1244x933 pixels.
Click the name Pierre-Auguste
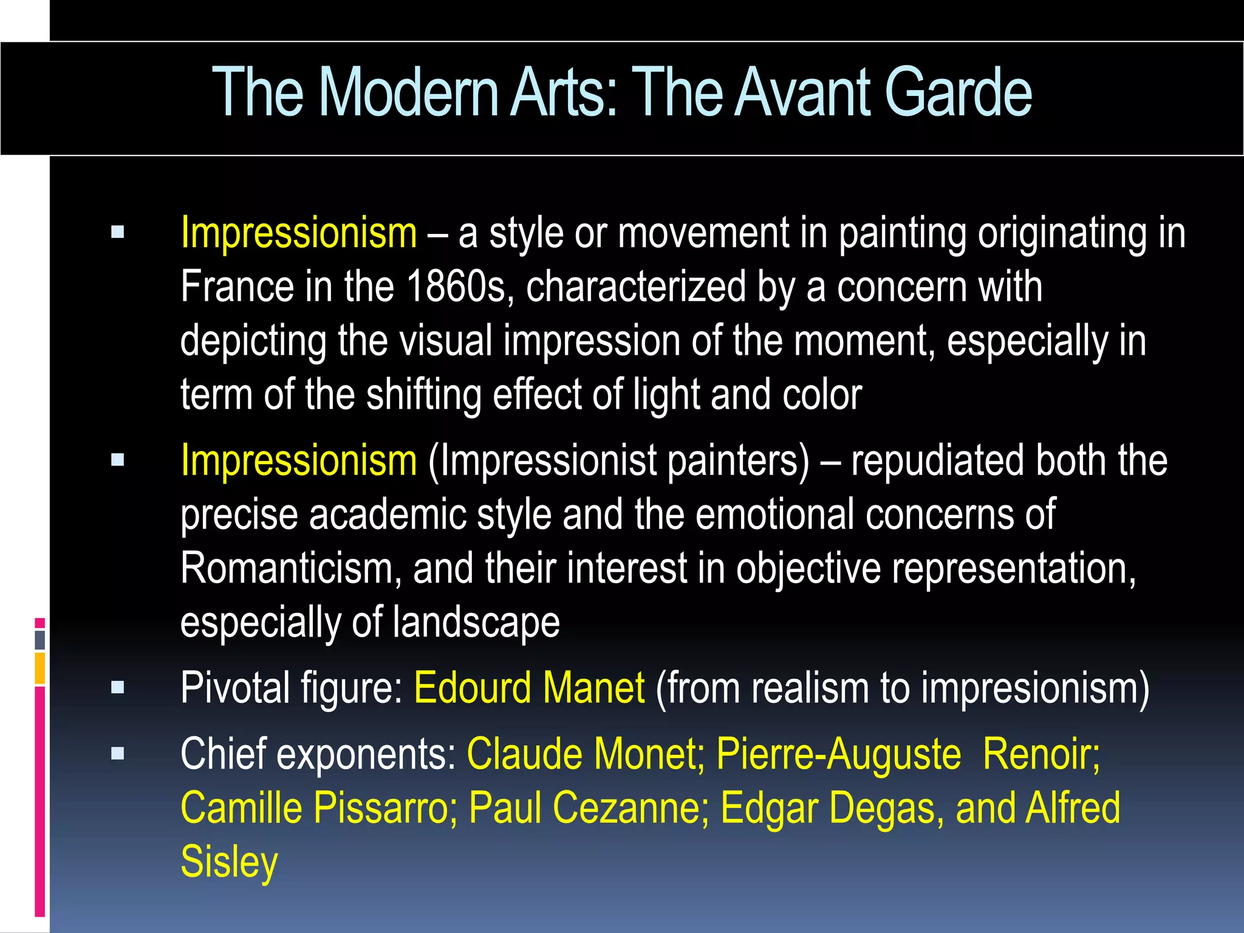coord(839,754)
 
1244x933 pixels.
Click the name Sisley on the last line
coord(229,862)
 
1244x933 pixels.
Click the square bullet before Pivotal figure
coord(118,688)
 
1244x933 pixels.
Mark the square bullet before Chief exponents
coord(118,754)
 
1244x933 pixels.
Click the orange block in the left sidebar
coord(39,668)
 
